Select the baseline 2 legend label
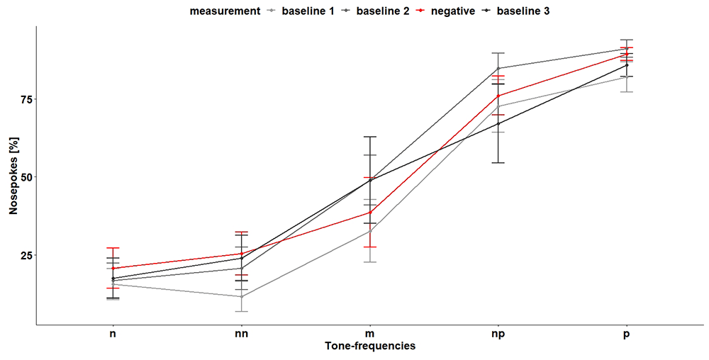pos(374,11)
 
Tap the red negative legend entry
pos(445,11)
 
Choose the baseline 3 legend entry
pos(515,11)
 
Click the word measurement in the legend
pos(225,11)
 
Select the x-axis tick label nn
pos(242,336)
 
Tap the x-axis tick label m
pos(370,336)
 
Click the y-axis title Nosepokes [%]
pos(13,176)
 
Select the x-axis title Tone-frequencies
pos(370,347)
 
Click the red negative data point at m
pos(370,213)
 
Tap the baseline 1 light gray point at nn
pos(242,297)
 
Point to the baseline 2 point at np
pos(498,68)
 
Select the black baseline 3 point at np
pos(498,123)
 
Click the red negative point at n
pos(113,269)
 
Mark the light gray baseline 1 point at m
pos(370,231)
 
